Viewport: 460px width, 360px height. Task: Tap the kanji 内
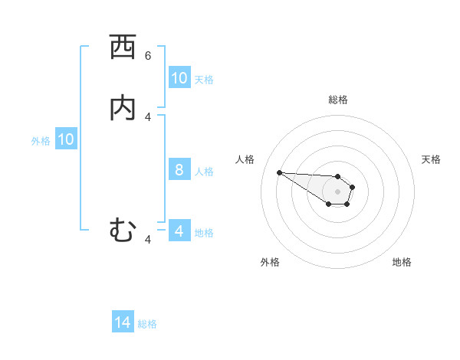(x=123, y=108)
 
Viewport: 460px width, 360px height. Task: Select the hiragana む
(x=123, y=230)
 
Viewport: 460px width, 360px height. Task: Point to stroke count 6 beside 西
(x=148, y=56)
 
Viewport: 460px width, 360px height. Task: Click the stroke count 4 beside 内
(x=148, y=116)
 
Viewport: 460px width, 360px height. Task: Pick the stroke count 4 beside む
(x=148, y=239)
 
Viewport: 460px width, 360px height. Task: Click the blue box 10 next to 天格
(x=179, y=77)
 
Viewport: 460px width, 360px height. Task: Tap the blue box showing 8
(x=179, y=169)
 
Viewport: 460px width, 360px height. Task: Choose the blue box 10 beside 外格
(x=66, y=139)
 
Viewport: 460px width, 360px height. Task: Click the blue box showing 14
(x=123, y=322)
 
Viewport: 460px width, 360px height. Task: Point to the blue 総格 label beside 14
(x=147, y=324)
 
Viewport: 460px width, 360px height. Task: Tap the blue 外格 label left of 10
(x=41, y=141)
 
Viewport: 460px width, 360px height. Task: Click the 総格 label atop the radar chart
(x=338, y=100)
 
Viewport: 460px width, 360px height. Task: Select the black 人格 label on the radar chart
(x=245, y=159)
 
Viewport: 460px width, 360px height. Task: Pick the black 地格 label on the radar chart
(x=402, y=262)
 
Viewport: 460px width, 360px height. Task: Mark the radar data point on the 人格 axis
(x=279, y=172)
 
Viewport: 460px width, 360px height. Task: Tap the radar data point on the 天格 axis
(x=353, y=186)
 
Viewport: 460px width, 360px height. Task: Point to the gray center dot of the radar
(x=338, y=191)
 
